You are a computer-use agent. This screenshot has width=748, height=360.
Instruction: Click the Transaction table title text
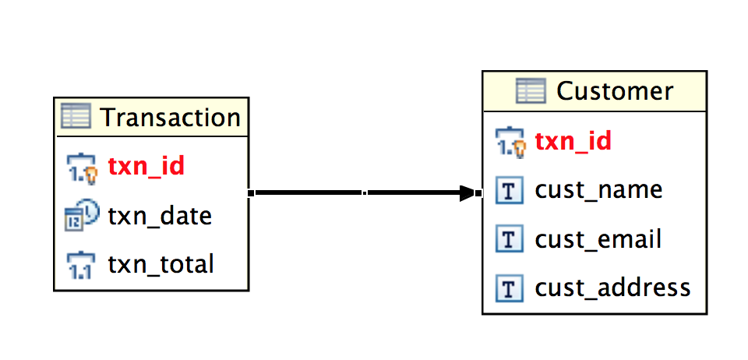coord(171,118)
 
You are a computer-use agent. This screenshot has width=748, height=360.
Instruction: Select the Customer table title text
coord(614,91)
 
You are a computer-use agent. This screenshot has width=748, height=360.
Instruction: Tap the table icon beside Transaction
coord(76,117)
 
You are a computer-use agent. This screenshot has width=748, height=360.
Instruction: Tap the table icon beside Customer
coord(531,91)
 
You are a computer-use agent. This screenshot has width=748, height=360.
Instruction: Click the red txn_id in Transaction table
coord(146,166)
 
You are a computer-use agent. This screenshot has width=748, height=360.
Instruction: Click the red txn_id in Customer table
coord(573,141)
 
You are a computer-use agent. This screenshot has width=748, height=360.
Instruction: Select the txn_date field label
coord(160,215)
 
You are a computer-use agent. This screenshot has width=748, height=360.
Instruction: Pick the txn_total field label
coord(161,264)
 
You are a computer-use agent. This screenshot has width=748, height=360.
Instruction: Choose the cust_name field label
coord(598,190)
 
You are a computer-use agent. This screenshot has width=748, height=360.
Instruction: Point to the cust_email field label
coord(598,239)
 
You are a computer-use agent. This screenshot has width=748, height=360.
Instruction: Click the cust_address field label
coord(612,288)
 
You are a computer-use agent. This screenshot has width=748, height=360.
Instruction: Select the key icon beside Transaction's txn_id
coord(80,167)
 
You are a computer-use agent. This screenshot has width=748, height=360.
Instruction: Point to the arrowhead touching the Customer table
coord(469,192)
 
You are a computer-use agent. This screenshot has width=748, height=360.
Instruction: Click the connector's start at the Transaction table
coord(252,192)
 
